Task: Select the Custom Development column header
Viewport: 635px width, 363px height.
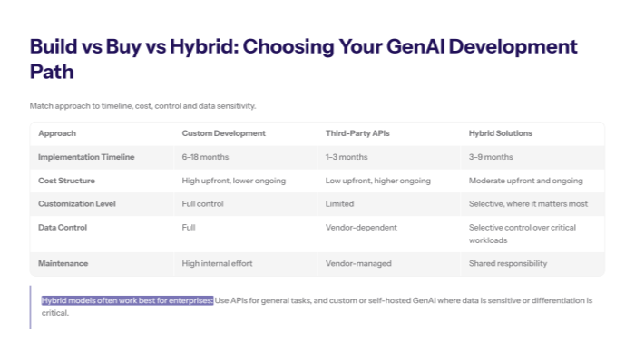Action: [223, 133]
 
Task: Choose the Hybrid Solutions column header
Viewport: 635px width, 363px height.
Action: [500, 133]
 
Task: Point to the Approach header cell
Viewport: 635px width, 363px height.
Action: [57, 133]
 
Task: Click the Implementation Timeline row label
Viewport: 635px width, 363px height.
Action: [86, 157]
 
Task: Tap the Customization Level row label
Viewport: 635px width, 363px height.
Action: [77, 204]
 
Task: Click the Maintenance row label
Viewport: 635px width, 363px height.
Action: [63, 263]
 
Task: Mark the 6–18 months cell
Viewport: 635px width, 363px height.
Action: [206, 157]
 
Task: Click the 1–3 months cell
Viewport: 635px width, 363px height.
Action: [347, 157]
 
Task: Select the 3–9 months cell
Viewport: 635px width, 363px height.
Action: [491, 157]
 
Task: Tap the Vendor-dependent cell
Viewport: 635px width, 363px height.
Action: [357, 227]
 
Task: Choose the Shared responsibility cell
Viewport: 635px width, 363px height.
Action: [509, 263]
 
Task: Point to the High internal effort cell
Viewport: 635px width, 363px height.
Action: [217, 263]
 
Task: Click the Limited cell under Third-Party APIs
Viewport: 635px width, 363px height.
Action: [339, 204]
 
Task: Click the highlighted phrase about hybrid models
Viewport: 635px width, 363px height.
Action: [127, 300]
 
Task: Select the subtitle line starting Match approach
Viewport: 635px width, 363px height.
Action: [142, 106]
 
